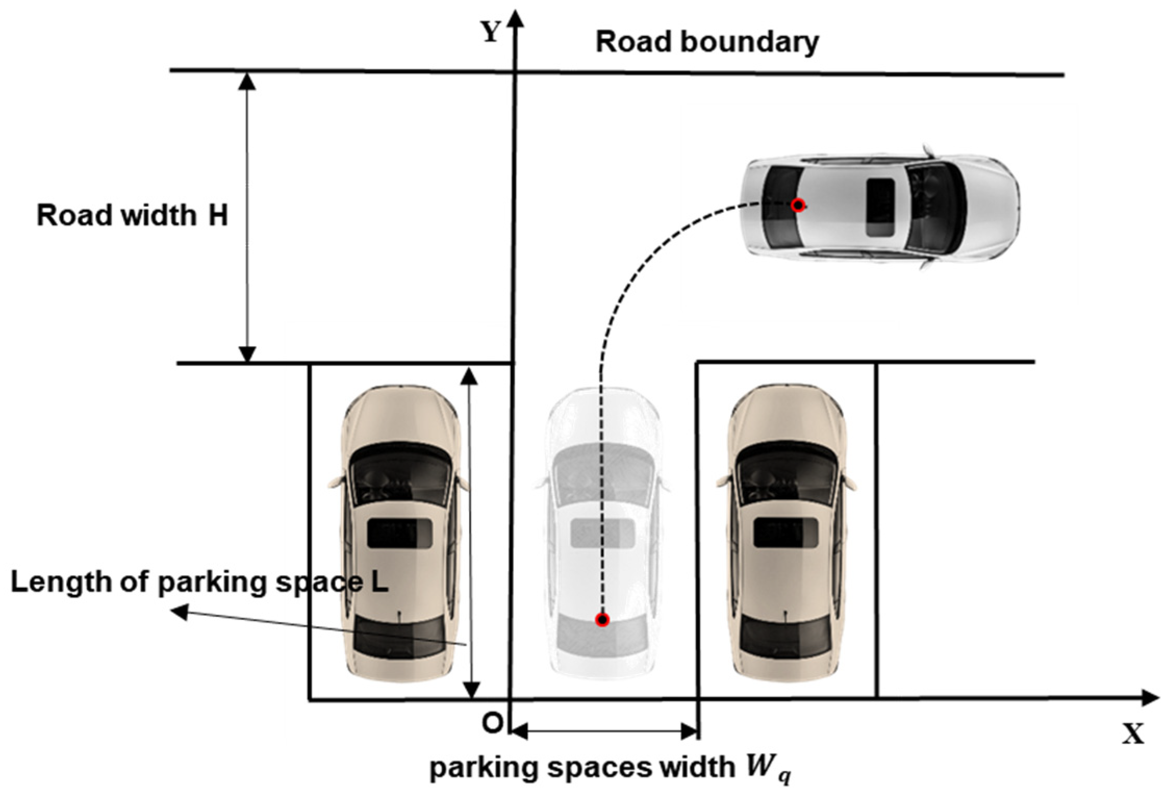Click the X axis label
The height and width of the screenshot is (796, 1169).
[x=1133, y=734]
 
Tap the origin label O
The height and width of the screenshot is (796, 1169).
[x=492, y=723]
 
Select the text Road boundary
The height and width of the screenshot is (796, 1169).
[x=707, y=42]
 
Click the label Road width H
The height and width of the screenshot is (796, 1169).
[x=132, y=215]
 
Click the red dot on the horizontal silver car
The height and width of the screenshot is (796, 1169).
[x=798, y=206]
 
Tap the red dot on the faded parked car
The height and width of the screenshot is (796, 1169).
[x=602, y=620]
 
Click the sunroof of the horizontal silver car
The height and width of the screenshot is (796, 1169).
[x=880, y=207]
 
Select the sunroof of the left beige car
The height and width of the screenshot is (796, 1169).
[x=399, y=533]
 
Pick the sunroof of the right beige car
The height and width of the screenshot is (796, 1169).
[x=786, y=533]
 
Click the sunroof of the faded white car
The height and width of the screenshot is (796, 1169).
[x=602, y=533]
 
